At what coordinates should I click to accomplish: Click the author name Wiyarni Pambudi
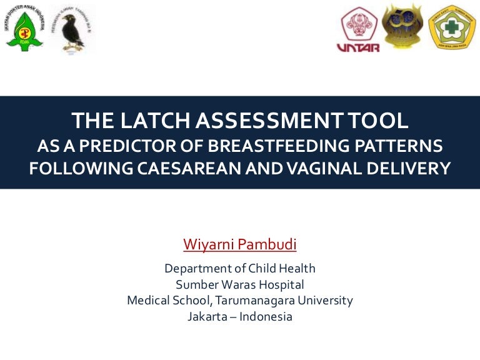pos(239,244)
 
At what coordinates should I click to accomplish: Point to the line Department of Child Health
pos(239,269)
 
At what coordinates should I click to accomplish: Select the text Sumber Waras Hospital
pos(239,284)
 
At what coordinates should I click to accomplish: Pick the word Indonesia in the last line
pos(266,316)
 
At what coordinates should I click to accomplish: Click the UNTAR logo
pos(358,29)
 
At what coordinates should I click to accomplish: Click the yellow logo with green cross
pos(452,27)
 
